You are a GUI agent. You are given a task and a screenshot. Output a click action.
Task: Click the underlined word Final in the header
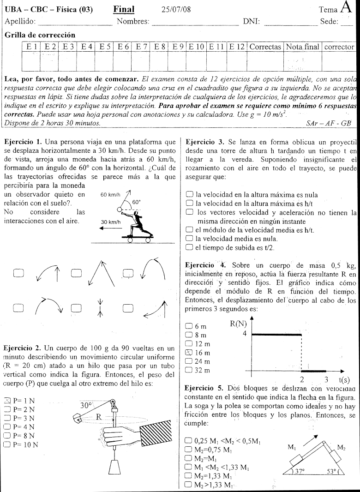pyautogui.click(x=124, y=9)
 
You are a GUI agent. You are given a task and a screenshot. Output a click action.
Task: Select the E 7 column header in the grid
pyautogui.click(x=141, y=47)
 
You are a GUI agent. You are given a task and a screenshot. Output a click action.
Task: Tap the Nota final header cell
pyautogui.click(x=303, y=47)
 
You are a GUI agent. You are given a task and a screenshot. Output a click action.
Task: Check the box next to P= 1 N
pyautogui.click(x=7, y=400)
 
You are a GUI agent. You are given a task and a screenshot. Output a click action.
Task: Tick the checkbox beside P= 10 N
pyautogui.click(x=7, y=444)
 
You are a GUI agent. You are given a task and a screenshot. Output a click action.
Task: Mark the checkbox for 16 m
pyautogui.click(x=188, y=352)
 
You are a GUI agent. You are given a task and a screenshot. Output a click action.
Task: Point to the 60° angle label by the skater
pyautogui.click(x=136, y=202)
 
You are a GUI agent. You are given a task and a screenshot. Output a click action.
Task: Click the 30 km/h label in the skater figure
pyautogui.click(x=111, y=222)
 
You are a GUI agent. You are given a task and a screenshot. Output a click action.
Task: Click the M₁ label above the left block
pyautogui.click(x=292, y=447)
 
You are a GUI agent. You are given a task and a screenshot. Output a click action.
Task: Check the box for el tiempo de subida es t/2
pyautogui.click(x=188, y=247)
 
